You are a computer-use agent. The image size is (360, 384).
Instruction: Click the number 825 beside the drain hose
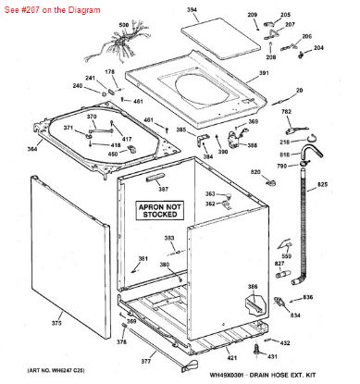tap(322, 186)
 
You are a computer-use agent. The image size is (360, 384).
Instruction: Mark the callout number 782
tap(286, 112)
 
